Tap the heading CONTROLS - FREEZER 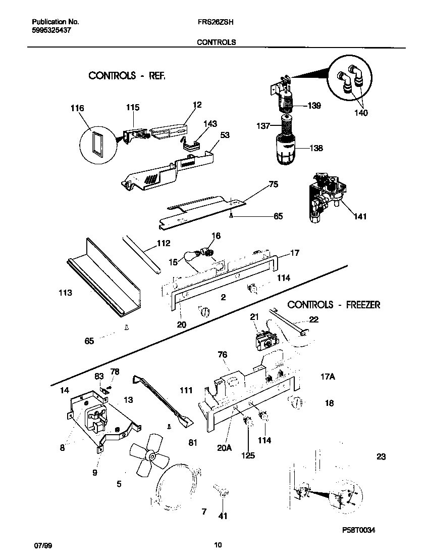pos(334,305)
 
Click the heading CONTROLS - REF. pos(127,76)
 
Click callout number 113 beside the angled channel pos(65,293)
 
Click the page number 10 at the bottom pos(218,545)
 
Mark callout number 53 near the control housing pos(225,135)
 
